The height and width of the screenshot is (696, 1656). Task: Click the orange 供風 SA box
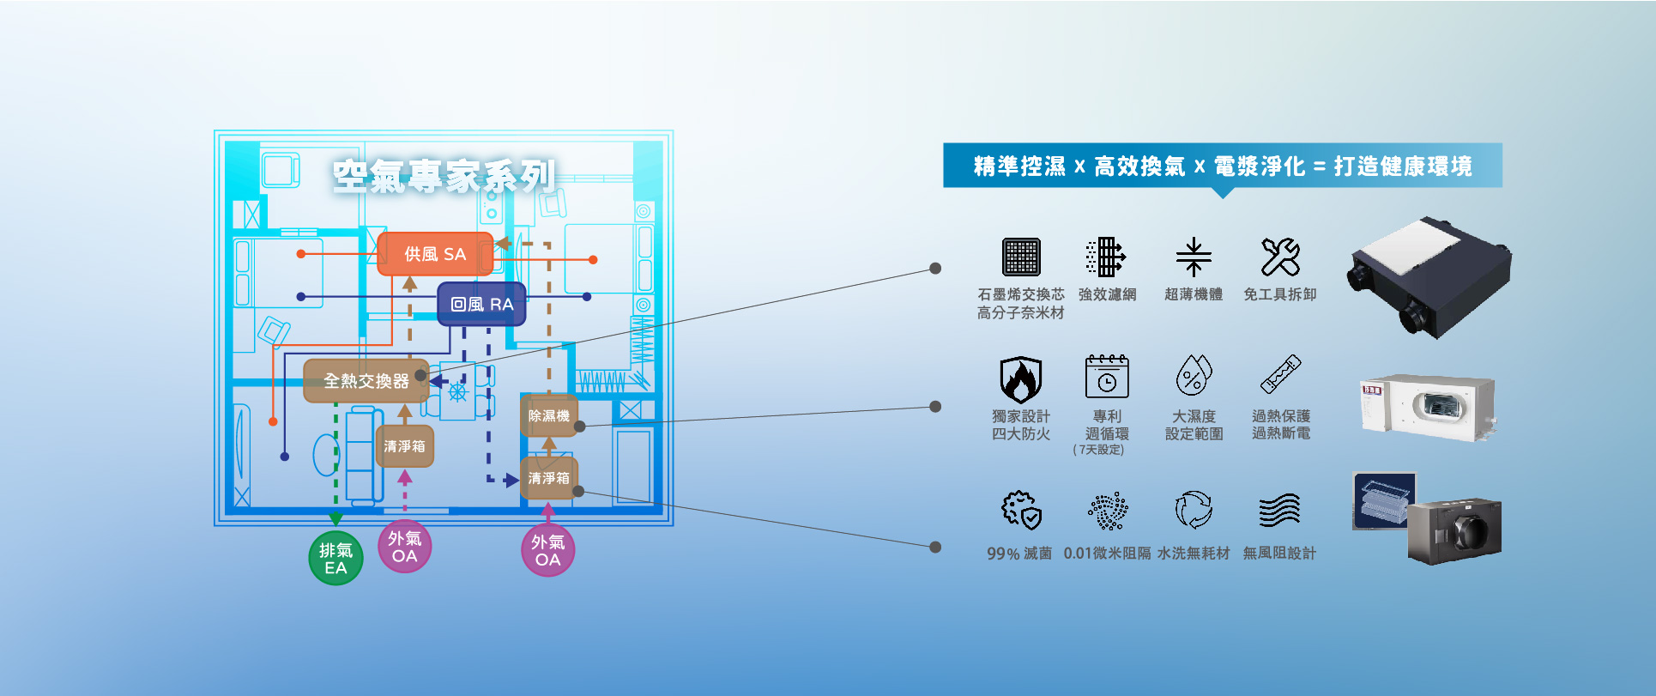pos(435,254)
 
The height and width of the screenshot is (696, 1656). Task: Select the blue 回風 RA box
pos(481,304)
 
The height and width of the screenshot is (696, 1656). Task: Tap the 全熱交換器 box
pos(366,380)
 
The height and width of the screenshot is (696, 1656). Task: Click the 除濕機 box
pos(548,416)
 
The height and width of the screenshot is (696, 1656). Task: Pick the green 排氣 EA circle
pos(335,559)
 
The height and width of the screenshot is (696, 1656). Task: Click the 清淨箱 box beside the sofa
pos(404,446)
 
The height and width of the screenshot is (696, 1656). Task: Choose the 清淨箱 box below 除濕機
pos(548,478)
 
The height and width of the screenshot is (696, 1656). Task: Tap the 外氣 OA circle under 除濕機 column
pos(547,551)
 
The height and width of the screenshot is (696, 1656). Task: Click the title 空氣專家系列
pos(444,176)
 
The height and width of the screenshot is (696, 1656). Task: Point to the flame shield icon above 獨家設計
pos(1020,378)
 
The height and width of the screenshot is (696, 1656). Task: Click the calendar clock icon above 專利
pos(1107,377)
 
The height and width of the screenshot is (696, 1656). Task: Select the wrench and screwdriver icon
pos(1280,257)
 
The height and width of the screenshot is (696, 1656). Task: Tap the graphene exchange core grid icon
pos(1021,257)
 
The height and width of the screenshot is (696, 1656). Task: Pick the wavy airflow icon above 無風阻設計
pos(1279,511)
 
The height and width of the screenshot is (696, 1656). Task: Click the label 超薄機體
pos(1194,294)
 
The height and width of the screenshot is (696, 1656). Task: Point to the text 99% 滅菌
pos(1019,554)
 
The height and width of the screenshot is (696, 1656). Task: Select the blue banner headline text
pos(1222,166)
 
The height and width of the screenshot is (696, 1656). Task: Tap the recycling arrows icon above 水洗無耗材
pos(1194,510)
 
